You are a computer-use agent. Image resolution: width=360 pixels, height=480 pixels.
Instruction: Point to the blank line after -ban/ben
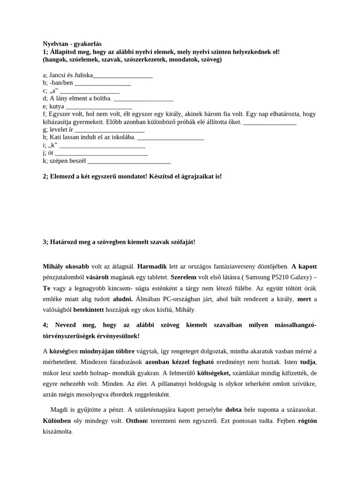tap(103, 82)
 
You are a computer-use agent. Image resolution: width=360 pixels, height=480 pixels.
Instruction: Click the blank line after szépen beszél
tap(129, 160)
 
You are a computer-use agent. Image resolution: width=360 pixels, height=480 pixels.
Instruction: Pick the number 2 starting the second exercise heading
tap(45, 176)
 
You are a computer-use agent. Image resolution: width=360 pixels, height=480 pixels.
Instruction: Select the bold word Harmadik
tap(152, 266)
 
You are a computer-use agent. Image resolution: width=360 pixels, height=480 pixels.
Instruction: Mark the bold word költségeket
tap(214, 373)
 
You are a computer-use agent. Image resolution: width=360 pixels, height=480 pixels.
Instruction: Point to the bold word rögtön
tap(307, 420)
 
